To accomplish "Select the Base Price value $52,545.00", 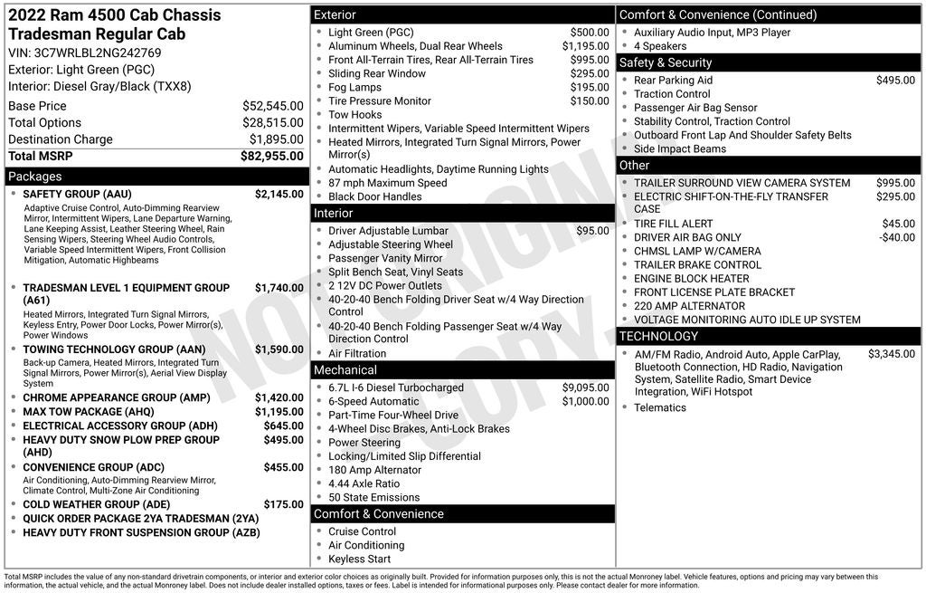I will point(272,106).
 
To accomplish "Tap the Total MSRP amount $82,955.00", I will point(271,157).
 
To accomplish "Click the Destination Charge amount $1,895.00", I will point(276,139).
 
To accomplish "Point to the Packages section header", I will point(35,177).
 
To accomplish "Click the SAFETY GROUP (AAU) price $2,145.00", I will point(279,194).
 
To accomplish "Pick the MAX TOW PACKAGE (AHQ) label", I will point(89,412).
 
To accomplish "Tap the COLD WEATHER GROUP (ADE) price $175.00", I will point(283,504).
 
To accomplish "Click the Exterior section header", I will point(335,15).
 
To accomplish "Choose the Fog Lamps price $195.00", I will point(590,87).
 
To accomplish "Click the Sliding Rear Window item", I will point(376,73).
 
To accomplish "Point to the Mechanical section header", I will point(345,370).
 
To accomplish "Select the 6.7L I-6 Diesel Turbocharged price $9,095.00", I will point(585,387).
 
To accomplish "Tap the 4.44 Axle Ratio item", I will point(364,483).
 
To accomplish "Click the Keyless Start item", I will point(359,559).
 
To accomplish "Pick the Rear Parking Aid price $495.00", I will point(895,81).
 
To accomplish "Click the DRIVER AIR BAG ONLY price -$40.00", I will point(897,237).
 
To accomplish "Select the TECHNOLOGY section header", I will point(658,337).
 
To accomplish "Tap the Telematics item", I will point(660,407).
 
